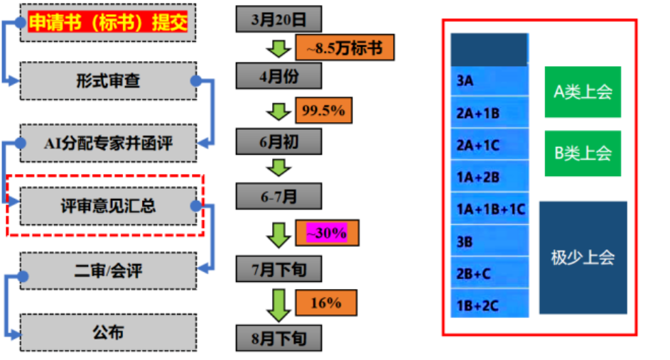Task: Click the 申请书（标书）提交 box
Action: click(108, 23)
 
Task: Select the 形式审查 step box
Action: click(108, 81)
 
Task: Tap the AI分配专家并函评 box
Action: click(108, 143)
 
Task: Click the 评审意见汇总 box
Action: click(108, 207)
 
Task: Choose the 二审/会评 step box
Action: click(108, 270)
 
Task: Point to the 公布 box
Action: click(108, 332)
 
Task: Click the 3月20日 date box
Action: click(279, 18)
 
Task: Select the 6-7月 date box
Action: click(279, 196)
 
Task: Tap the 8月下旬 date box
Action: click(279, 337)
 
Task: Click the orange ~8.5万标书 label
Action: click(344, 48)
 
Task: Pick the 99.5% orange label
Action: click(323, 111)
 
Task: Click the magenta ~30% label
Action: click(327, 232)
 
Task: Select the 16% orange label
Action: click(325, 303)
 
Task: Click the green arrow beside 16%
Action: click(279, 303)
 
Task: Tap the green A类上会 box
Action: click(583, 92)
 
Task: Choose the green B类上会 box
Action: click(583, 153)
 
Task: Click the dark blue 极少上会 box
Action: click(583, 257)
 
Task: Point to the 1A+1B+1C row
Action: click(490, 209)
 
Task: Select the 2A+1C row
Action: click(490, 145)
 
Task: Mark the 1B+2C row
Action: click(490, 305)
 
